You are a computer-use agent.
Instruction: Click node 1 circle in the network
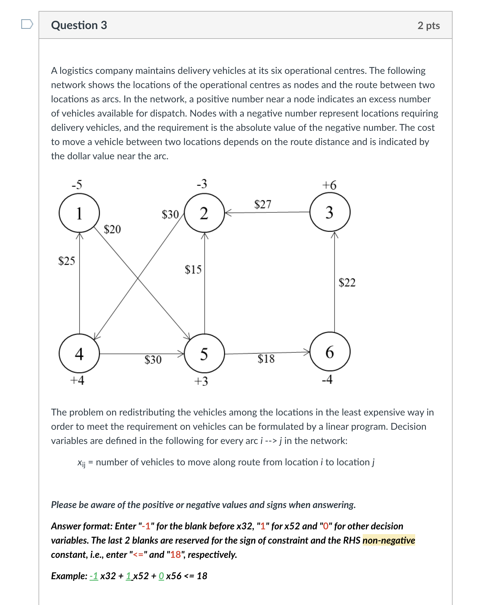coord(79,213)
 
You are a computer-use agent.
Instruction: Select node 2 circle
coord(204,213)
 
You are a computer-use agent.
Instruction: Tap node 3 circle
coord(330,212)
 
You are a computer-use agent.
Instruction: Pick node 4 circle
coord(79,353)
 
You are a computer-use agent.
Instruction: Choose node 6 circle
coord(330,351)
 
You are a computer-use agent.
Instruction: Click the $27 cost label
coord(263,204)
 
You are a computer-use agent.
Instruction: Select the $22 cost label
coord(347,282)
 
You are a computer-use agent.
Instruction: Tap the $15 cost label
coord(193,269)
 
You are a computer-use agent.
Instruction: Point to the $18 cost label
coord(266,359)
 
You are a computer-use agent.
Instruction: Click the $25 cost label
coord(66,261)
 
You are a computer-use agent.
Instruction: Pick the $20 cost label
coord(112,229)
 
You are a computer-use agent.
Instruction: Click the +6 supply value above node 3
coord(329,185)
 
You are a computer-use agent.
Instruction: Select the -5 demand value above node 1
coord(77,184)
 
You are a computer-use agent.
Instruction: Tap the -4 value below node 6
coord(327,379)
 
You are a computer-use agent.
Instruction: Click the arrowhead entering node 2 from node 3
coord(227,213)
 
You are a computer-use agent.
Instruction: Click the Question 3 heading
coord(79,25)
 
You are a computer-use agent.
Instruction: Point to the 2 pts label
coord(429,26)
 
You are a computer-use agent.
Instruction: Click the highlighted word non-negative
coord(389,540)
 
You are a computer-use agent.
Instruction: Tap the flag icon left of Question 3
coord(27,24)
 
